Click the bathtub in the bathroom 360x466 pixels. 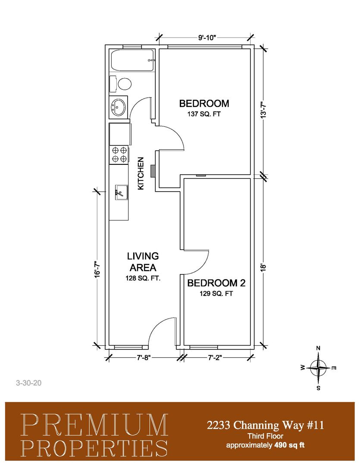click(132, 60)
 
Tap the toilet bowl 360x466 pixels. click(125, 84)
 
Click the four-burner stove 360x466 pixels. click(119, 154)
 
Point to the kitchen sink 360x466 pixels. click(121, 192)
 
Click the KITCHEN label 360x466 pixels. click(141, 173)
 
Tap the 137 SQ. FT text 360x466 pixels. click(204, 114)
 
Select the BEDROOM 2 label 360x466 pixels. click(216, 283)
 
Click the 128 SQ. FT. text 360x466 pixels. click(143, 278)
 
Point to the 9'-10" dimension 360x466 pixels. click(207, 38)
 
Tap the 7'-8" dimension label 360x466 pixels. click(144, 358)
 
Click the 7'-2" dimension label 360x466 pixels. click(215, 358)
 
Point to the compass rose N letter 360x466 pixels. click(318, 348)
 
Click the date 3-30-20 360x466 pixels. click(29, 383)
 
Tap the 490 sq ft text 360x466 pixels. click(290, 445)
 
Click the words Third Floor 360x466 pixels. click(265, 436)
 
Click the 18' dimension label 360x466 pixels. click(263, 268)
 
